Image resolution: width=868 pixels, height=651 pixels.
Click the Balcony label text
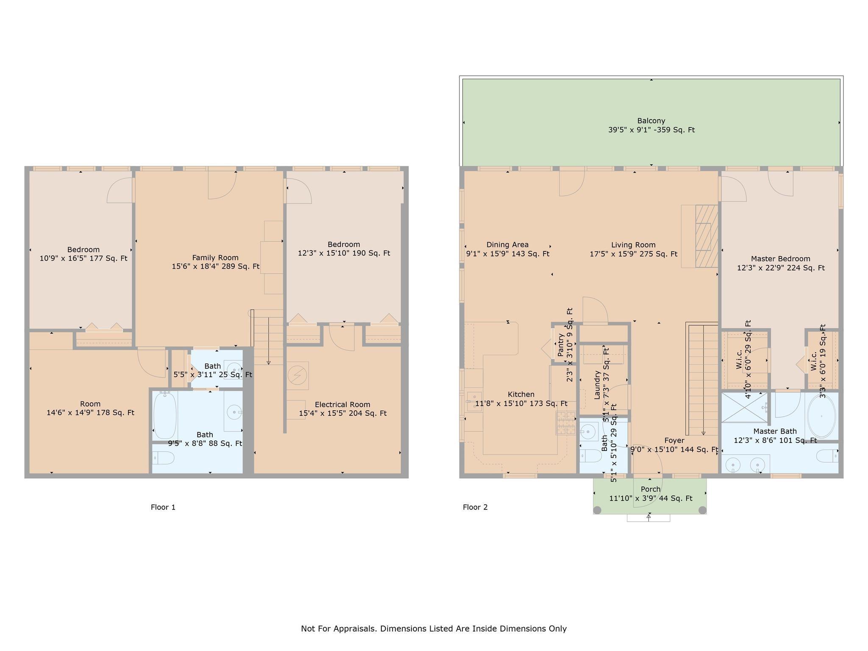[651, 121]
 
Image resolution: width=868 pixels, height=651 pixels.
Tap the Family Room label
[215, 258]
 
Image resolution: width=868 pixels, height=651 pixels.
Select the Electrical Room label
[342, 405]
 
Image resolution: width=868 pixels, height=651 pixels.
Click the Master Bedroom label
[781, 259]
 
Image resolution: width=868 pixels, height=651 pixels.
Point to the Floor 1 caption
[163, 507]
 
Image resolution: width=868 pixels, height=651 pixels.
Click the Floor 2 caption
[475, 507]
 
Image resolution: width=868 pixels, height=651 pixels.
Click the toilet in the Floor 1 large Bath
[163, 458]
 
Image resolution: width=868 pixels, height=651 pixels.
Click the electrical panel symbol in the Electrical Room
[298, 376]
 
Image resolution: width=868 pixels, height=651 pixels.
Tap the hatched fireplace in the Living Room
[707, 236]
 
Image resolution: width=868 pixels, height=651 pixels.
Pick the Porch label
[651, 490]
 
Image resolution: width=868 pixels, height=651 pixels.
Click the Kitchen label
[521, 395]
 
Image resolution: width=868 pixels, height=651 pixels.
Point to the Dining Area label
[507, 245]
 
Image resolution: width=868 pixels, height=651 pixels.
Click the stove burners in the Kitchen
[566, 423]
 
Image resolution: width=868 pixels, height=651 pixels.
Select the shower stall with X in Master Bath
[744, 407]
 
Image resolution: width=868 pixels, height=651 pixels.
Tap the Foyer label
[674, 441]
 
